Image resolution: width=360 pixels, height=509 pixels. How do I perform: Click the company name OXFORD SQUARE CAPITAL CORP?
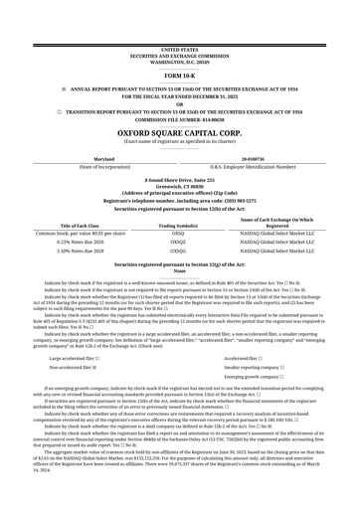click(x=179, y=129)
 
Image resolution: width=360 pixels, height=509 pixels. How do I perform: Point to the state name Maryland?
click(x=103, y=158)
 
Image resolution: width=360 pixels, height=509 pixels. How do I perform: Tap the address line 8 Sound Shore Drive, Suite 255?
click(x=179, y=179)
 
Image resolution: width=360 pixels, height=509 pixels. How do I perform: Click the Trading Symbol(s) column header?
click(x=179, y=225)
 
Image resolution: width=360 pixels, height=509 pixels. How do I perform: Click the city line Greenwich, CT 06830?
click(x=179, y=185)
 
